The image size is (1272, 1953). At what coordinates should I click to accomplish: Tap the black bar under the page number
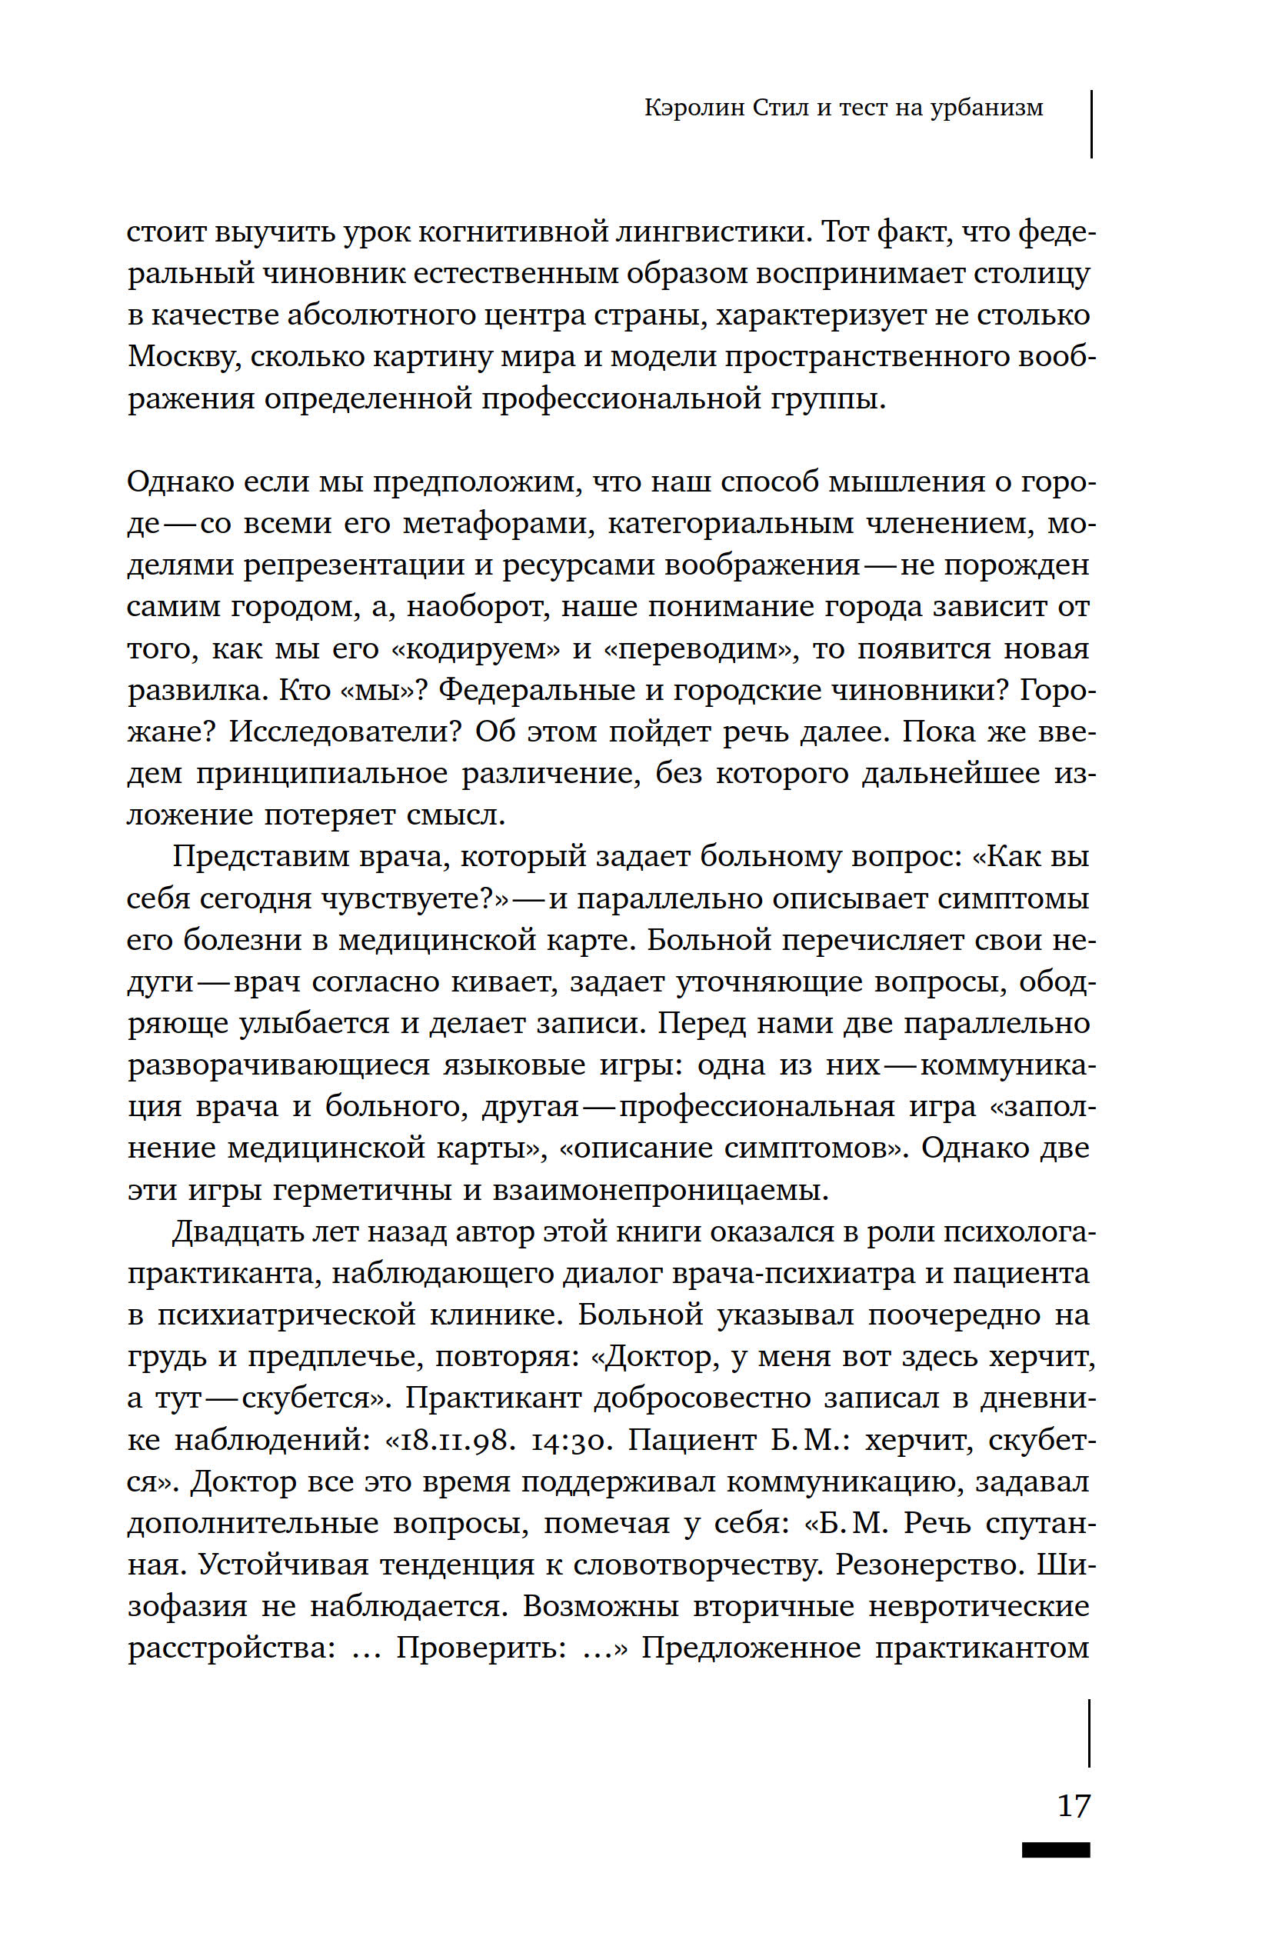(x=1055, y=1850)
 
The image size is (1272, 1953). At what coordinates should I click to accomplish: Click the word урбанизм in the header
(x=987, y=108)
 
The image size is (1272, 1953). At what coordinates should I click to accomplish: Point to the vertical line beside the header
(x=1091, y=123)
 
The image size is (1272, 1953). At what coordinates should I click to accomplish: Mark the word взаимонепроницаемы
(x=660, y=1191)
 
